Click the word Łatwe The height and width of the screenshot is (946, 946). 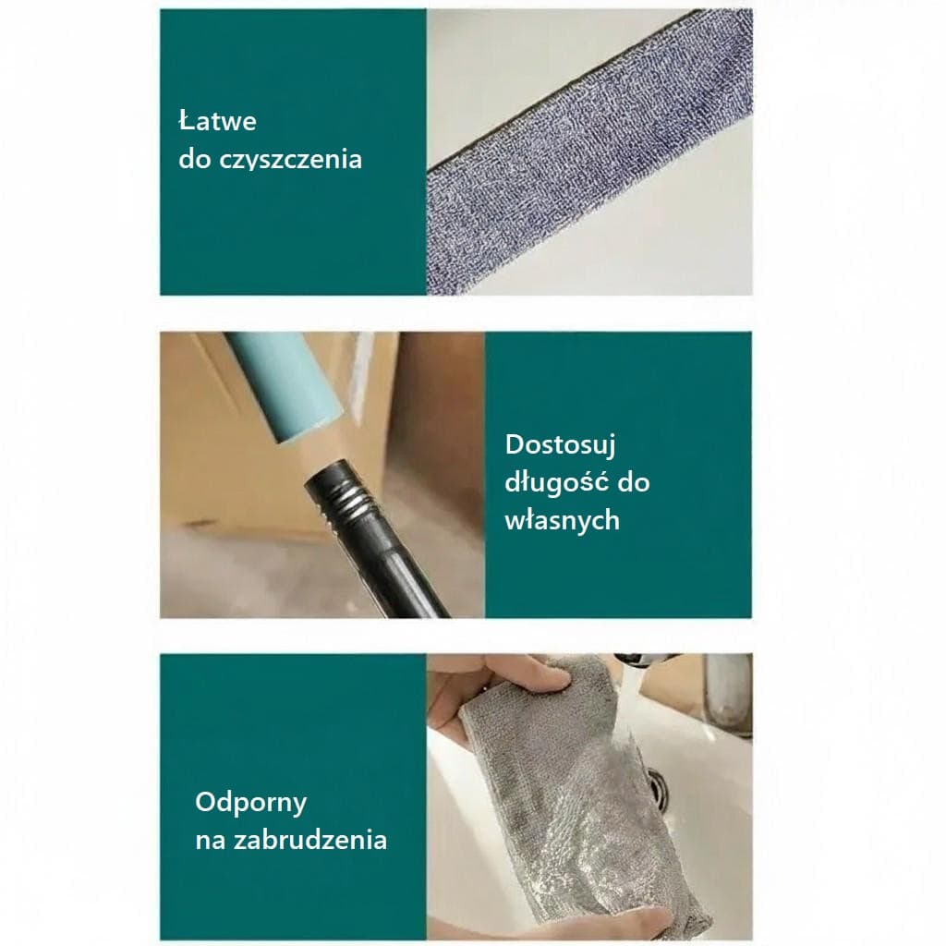[x=218, y=121]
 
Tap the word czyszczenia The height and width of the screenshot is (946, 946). [x=290, y=160]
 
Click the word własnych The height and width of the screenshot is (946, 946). [x=563, y=520]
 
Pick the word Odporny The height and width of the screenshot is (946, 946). [x=251, y=803]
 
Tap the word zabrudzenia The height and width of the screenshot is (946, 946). [x=310, y=840]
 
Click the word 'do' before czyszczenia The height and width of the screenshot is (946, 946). [x=195, y=159]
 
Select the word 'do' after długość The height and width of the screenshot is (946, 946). [x=634, y=482]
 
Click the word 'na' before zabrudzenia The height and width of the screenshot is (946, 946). [x=210, y=841]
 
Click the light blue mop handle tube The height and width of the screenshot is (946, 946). [x=283, y=385]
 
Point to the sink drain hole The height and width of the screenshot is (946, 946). [x=658, y=788]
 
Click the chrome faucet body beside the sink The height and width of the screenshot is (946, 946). [x=727, y=694]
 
